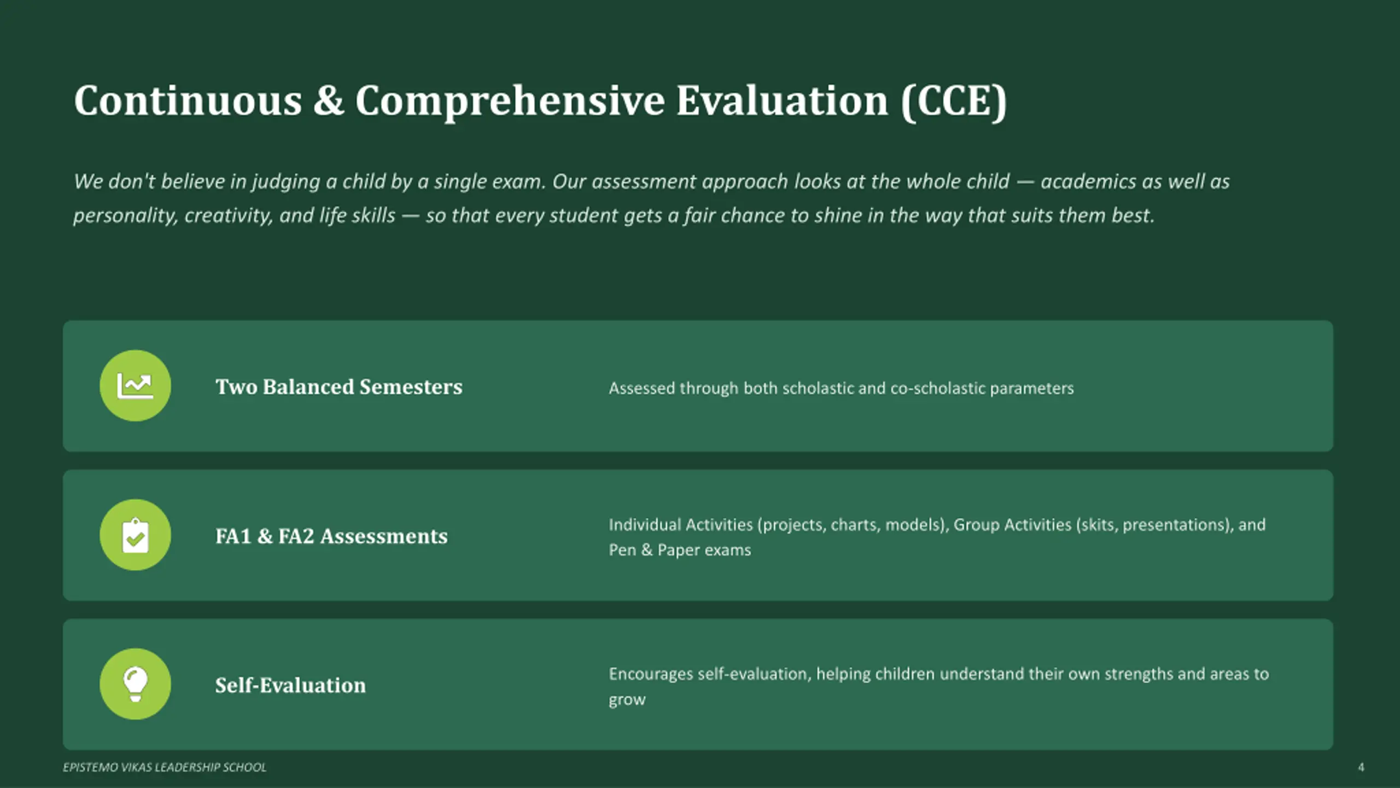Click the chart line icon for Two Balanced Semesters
click(x=135, y=386)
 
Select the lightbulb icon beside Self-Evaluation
click(x=135, y=684)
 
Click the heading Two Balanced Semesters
click(x=339, y=387)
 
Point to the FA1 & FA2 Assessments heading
click(x=331, y=536)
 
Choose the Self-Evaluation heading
click(x=290, y=685)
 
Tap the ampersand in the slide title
click(x=329, y=101)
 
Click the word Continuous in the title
click(x=188, y=101)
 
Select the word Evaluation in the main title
click(x=783, y=101)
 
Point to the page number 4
click(x=1361, y=767)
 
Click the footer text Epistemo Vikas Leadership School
click(x=165, y=767)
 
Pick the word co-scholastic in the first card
click(x=938, y=388)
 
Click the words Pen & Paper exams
click(x=680, y=550)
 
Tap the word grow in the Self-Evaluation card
click(x=627, y=700)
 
